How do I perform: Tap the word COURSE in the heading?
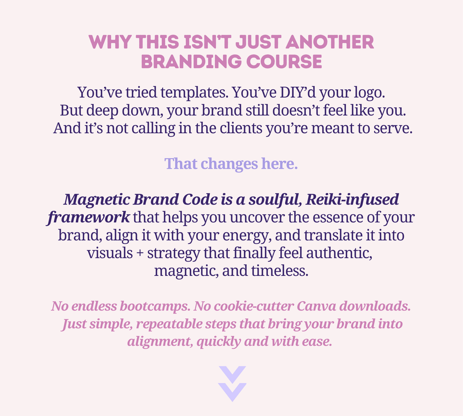coord(284,61)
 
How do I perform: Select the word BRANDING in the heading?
coord(191,61)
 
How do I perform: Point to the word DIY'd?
coord(298,92)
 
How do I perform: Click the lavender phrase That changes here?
coord(231,164)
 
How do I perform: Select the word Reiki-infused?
coord(352,199)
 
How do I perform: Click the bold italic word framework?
coord(89,218)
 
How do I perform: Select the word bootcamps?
coord(155,306)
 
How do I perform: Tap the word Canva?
coord(316,306)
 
